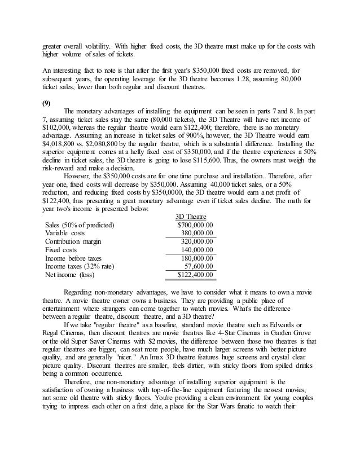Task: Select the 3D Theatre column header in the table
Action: [x=191, y=217]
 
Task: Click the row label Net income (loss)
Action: [x=70, y=275]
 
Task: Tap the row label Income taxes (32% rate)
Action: [x=79, y=266]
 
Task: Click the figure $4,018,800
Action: [x=63, y=152]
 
